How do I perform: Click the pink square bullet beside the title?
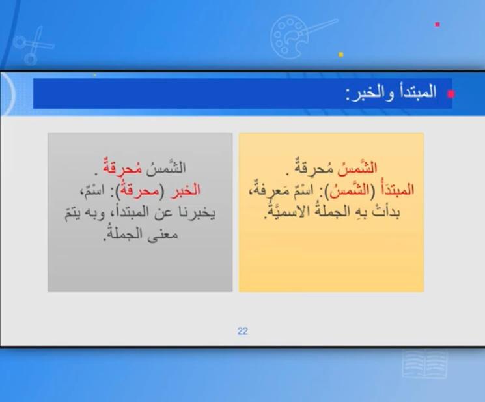(450, 94)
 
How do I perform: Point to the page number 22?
(243, 331)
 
